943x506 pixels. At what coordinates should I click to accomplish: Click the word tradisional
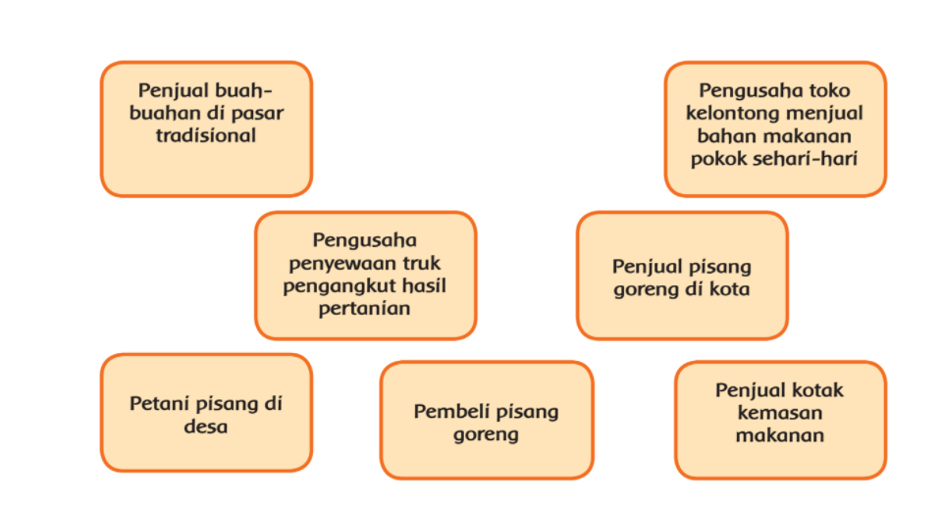click(206, 135)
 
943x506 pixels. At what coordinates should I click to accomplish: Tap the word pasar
click(260, 114)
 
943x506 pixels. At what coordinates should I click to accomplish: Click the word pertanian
click(364, 309)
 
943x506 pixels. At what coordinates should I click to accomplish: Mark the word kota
click(729, 289)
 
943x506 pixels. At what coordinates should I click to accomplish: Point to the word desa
click(206, 427)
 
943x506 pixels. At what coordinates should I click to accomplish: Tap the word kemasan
click(780, 413)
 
